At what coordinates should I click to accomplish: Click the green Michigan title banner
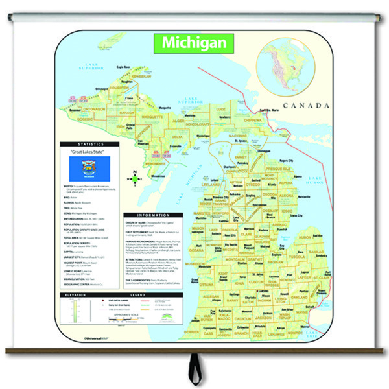tap(194, 43)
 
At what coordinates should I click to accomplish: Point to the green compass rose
tap(135, 182)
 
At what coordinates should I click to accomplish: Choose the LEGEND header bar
tap(137, 294)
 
